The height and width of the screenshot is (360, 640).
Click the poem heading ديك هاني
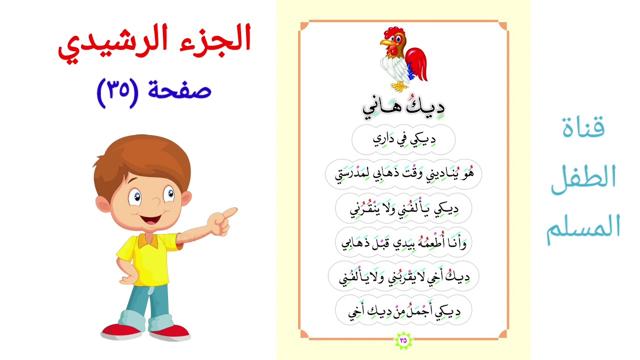403,107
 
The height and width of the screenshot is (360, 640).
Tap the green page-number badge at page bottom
403,340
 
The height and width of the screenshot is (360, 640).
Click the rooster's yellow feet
399,87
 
